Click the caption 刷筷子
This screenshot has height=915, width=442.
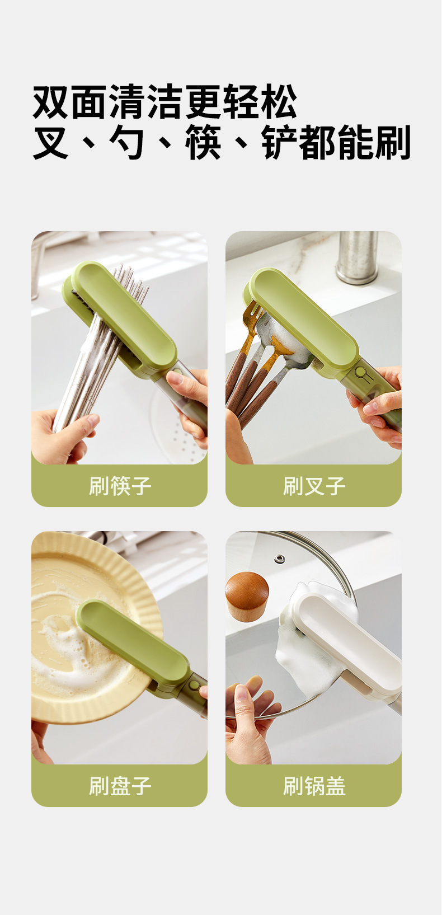[x=120, y=486]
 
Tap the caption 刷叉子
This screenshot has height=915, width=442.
[x=314, y=486]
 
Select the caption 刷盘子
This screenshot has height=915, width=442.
[x=120, y=786]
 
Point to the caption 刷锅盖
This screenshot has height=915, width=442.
[x=314, y=786]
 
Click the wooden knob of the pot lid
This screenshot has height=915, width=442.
[x=247, y=596]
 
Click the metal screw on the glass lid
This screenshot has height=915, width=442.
[x=279, y=559]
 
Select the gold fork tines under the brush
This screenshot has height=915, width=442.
[x=253, y=315]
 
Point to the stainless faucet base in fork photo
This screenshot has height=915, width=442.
[x=356, y=258]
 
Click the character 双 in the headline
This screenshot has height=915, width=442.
[x=51, y=102]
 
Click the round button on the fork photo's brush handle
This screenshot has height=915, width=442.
[x=360, y=372]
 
